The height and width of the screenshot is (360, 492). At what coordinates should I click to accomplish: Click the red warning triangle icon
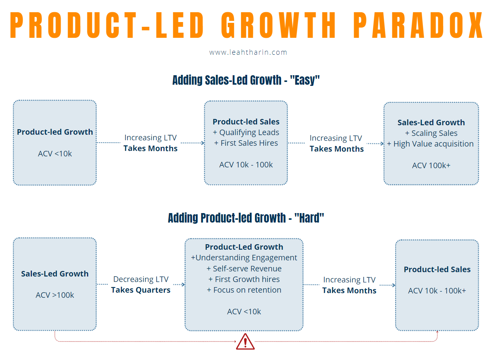245,341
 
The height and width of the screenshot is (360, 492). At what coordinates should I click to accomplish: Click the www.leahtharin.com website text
248,52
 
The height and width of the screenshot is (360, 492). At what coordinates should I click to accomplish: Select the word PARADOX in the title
418,26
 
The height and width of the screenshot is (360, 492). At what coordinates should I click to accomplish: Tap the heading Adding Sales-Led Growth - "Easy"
246,80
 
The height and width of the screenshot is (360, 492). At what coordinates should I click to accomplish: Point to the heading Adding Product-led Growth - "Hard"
246,218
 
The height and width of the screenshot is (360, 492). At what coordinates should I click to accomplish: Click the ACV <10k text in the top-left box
55,154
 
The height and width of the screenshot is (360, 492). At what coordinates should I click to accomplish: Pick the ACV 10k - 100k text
246,165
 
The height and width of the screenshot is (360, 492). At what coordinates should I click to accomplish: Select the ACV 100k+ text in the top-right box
431,165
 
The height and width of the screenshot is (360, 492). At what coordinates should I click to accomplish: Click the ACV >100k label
55,295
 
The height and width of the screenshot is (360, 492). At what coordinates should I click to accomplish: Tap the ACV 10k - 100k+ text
437,291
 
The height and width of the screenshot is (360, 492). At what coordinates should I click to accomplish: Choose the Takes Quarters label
141,290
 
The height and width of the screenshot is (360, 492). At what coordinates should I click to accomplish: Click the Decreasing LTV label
141,279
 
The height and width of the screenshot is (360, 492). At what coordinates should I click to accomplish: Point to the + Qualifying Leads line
246,133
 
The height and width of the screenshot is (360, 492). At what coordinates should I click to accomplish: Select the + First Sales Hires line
246,143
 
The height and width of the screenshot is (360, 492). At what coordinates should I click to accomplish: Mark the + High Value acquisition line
431,144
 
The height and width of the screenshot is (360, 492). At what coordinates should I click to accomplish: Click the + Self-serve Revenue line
244,269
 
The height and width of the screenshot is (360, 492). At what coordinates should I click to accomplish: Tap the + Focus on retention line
244,290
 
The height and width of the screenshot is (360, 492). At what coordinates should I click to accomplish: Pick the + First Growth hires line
244,279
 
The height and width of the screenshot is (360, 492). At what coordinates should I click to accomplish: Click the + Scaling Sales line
431,133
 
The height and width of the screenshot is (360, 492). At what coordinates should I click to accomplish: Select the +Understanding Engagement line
244,258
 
